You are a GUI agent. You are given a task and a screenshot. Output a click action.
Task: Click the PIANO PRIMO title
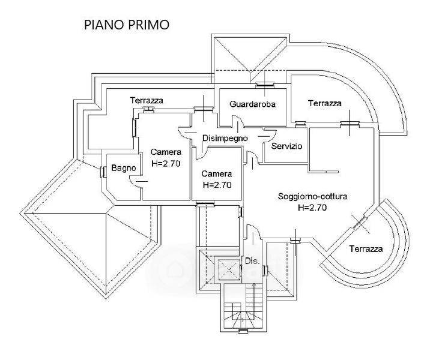126,25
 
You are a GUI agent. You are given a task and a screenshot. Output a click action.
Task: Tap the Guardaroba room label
252,104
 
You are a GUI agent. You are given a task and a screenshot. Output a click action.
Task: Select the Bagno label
123,169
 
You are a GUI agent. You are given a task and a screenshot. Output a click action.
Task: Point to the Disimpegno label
225,138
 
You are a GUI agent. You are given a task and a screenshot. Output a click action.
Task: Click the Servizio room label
286,146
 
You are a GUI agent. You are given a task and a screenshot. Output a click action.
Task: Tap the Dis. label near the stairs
252,261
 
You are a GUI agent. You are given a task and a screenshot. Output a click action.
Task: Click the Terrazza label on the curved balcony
367,248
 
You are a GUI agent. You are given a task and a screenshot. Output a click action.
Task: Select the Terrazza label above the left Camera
147,100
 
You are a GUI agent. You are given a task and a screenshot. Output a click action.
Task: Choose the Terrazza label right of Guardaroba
325,103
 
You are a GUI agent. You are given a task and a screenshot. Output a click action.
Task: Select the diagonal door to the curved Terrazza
360,223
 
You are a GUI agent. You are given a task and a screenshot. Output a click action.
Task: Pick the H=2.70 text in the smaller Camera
217,185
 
